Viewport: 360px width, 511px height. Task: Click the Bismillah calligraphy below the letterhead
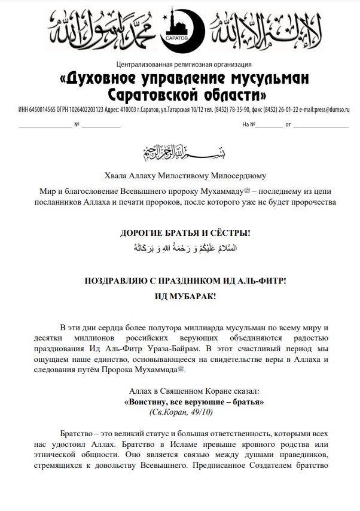(179, 153)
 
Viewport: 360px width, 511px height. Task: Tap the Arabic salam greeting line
(179, 247)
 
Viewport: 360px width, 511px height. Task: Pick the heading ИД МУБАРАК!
(180, 296)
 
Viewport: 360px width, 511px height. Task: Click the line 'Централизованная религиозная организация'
(179, 65)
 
